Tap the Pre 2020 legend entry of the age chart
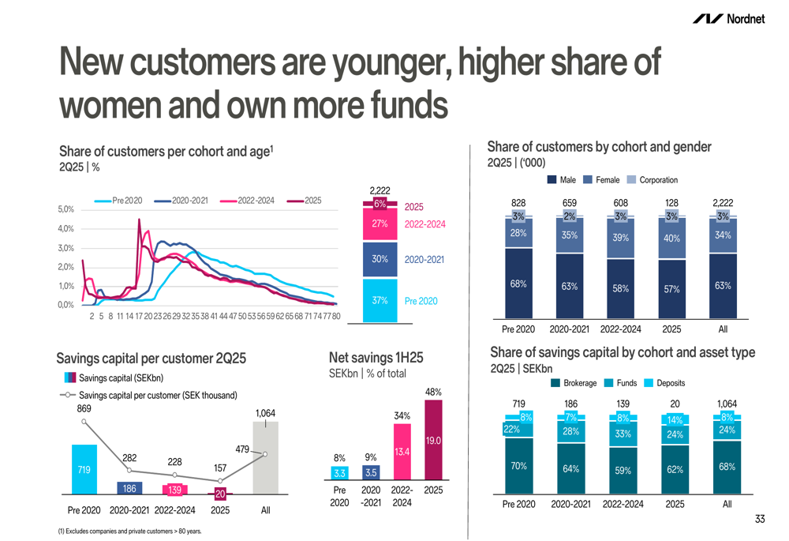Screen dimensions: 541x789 118,201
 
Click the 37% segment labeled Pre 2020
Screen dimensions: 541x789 380,301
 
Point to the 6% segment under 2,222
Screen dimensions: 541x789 380,205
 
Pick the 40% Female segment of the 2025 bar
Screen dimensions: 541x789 671,239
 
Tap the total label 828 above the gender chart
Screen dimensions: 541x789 518,203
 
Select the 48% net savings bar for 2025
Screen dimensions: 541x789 434,440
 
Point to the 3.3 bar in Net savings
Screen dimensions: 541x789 340,474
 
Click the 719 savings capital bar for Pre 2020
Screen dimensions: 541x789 84,470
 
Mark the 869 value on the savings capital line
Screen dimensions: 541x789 84,409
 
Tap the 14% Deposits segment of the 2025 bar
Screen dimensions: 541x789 675,420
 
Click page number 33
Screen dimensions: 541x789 759,519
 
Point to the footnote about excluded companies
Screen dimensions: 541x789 129,532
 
